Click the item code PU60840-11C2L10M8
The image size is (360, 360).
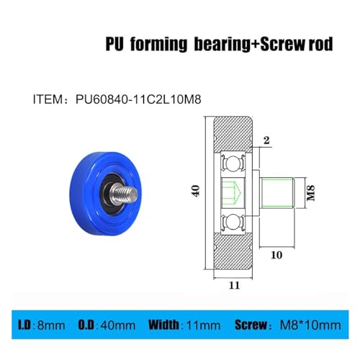click(138, 99)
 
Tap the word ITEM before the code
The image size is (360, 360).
click(48, 99)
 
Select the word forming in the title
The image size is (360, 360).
click(158, 45)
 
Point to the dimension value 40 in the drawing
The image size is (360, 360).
click(196, 191)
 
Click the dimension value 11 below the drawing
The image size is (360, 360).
click(234, 285)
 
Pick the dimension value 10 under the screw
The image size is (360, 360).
click(276, 255)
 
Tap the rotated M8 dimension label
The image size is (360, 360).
click(311, 193)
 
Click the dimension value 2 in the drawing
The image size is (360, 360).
click(266, 140)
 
